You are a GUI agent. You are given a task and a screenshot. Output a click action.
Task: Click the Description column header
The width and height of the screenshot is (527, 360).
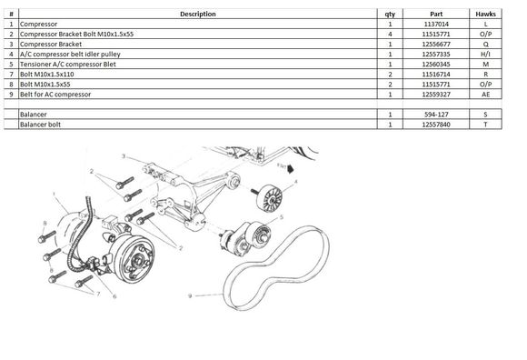click(x=198, y=15)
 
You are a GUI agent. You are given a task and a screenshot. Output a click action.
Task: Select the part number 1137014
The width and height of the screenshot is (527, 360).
click(x=436, y=25)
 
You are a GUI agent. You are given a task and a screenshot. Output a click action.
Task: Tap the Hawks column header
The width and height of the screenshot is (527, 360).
click(x=485, y=15)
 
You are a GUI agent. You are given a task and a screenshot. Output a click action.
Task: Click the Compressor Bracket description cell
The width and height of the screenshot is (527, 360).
click(x=51, y=44)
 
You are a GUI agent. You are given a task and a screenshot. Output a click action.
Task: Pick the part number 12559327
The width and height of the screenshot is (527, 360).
click(x=436, y=95)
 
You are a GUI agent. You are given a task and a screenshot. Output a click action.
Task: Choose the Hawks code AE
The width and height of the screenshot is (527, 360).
click(x=485, y=95)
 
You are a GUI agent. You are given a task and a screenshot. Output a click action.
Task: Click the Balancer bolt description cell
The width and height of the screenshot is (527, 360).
click(x=40, y=125)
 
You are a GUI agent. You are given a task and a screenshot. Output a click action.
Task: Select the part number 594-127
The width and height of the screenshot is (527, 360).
click(x=436, y=115)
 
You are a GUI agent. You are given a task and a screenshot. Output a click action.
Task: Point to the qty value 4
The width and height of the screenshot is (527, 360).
click(x=390, y=35)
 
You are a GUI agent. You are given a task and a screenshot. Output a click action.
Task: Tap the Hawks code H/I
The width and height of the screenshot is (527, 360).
click(x=485, y=55)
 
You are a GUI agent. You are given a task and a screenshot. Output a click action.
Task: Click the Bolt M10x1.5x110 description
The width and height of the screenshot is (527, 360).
click(x=46, y=75)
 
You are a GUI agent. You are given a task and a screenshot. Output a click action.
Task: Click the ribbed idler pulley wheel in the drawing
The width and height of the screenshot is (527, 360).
click(x=270, y=198)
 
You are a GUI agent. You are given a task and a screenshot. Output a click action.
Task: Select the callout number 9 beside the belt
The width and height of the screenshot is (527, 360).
click(x=190, y=295)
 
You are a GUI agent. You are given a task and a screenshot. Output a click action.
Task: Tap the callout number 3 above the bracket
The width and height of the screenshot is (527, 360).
click(x=124, y=156)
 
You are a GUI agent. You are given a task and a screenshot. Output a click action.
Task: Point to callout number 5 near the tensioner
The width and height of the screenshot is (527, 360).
click(x=282, y=217)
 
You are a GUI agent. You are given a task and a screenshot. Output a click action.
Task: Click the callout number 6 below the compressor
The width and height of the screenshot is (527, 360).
click(x=114, y=296)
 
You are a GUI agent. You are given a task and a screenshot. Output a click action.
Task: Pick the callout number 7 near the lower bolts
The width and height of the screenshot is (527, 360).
click(x=98, y=294)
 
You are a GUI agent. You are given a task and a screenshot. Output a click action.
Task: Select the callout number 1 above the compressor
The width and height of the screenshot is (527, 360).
click(x=54, y=194)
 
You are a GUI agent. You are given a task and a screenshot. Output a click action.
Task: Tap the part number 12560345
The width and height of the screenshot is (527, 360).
click(x=436, y=65)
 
